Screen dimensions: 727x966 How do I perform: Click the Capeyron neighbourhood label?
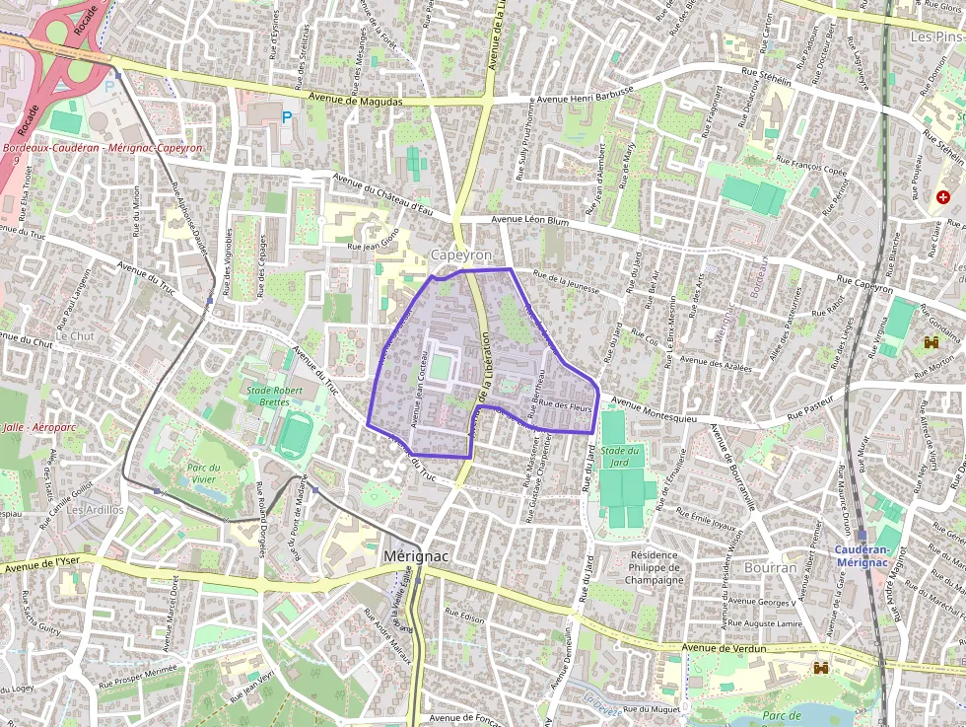(460, 255)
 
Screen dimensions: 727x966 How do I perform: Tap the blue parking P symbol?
(287, 116)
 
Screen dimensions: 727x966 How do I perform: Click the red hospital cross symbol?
(943, 197)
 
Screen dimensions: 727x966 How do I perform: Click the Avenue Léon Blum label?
(529, 221)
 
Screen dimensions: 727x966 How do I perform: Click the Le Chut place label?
(75, 335)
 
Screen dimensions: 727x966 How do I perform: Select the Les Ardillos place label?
(95, 509)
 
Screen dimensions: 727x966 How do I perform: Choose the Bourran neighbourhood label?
(770, 568)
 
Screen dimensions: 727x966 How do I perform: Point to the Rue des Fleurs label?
(566, 405)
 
